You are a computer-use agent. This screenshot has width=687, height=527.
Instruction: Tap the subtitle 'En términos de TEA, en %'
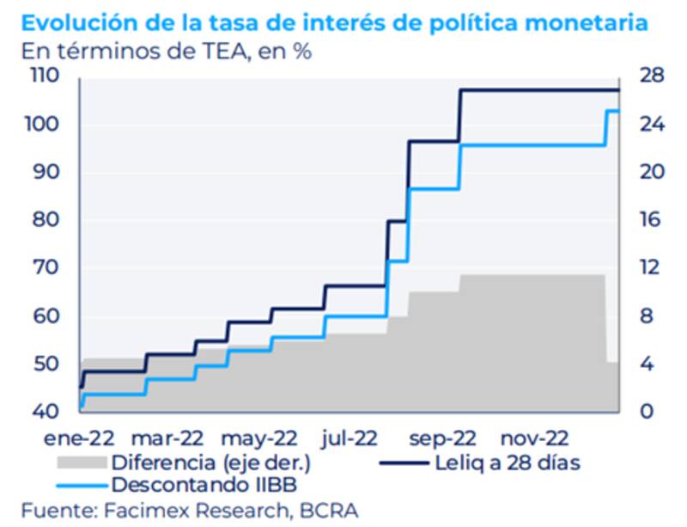[167, 50]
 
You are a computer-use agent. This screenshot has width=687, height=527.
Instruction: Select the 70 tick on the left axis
[45, 268]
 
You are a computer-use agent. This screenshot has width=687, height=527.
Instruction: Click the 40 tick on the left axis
[45, 412]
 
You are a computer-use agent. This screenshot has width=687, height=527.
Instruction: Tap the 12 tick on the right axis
[648, 268]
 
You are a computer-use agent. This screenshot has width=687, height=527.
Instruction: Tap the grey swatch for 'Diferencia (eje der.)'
[81, 463]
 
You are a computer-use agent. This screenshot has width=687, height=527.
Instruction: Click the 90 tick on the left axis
[45, 172]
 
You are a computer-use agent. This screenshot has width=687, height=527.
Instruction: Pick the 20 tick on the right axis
[650, 172]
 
